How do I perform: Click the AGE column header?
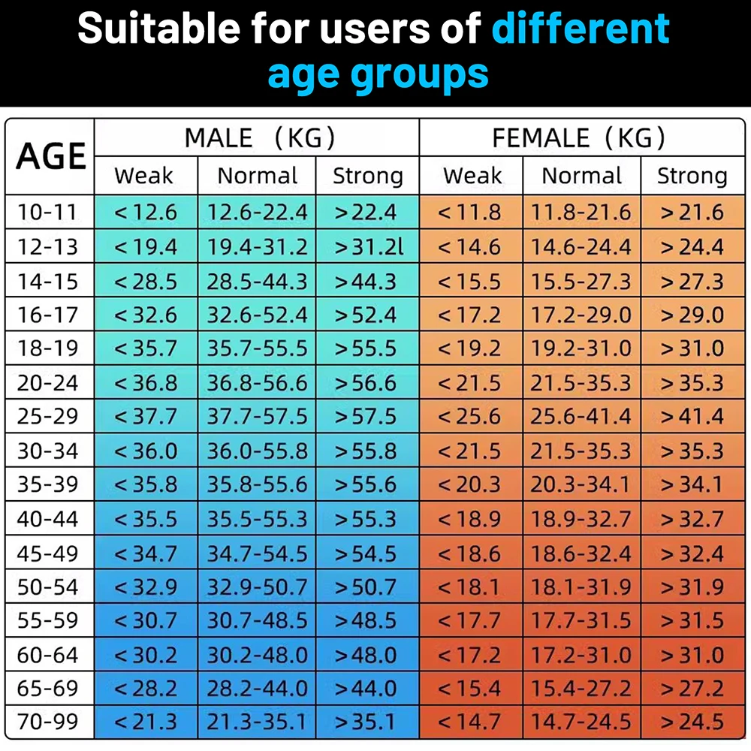51,155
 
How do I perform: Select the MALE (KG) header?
259,137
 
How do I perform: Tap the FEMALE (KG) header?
578,137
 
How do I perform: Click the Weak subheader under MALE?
143,176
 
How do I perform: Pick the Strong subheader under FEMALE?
692,176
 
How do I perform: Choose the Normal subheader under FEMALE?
582,176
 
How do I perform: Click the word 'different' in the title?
581,29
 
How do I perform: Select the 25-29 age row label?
48,417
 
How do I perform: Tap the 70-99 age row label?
48,722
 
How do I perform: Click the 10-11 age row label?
48,212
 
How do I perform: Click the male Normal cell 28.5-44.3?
258,281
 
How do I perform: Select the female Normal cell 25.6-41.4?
582,417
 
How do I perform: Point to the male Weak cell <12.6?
146,212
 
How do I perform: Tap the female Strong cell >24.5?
692,722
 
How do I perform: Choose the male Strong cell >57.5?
366,417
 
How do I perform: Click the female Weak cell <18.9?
469,519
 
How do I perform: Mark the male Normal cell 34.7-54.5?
258,553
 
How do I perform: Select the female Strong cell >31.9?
692,587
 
